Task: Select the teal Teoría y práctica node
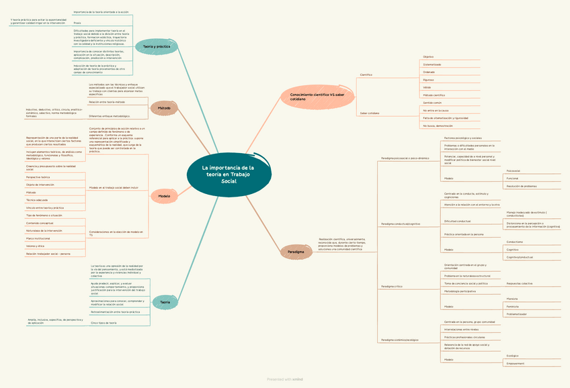coord(157,46)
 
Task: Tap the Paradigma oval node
coord(296,252)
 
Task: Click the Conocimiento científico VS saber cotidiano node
coord(317,97)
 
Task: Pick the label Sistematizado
coord(432,64)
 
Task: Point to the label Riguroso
coord(428,80)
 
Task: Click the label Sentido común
coord(432,103)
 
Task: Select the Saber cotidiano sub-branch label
coord(370,113)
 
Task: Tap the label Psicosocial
coord(513,171)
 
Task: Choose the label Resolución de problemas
coord(522,186)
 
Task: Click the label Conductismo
coord(515,242)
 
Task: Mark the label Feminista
coord(513,306)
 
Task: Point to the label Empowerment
coord(516,363)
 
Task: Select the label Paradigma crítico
coord(391,287)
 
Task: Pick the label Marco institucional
coord(38,238)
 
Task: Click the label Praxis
coord(77,23)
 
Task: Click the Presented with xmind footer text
coord(284,379)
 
